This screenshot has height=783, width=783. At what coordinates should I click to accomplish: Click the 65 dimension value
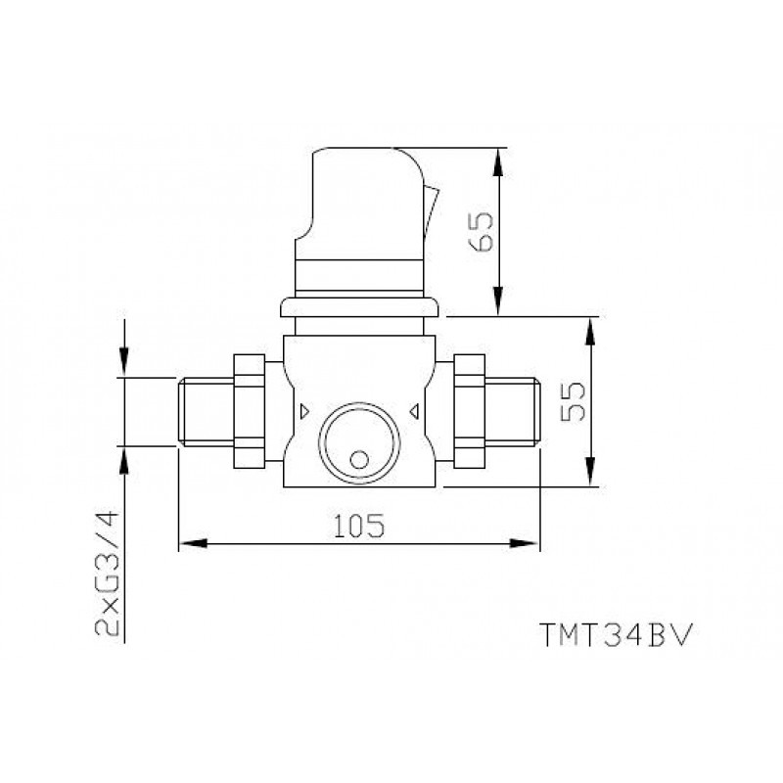481,232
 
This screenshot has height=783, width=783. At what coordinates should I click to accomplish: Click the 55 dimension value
573,401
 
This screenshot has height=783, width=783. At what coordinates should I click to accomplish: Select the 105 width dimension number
359,526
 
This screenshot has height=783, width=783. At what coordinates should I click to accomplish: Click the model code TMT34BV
617,634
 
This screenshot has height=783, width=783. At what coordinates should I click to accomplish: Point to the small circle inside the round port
359,460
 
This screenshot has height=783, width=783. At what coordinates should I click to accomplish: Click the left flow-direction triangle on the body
304,411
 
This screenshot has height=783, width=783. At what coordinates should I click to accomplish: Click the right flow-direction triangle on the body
414,411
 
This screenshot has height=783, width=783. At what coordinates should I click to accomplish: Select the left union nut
250,411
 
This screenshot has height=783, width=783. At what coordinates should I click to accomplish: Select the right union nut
470,411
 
